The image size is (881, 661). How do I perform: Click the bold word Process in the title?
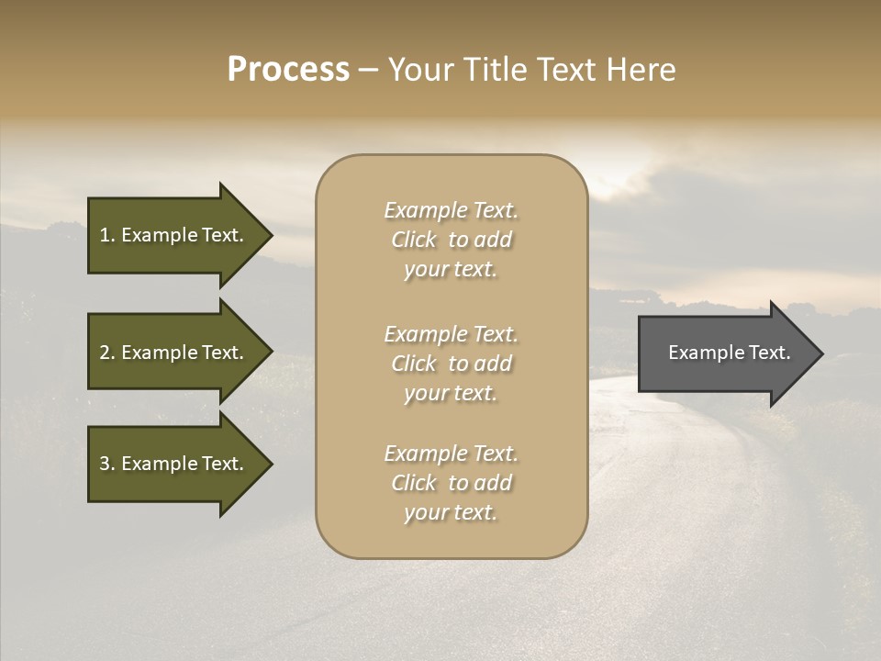coord(288,70)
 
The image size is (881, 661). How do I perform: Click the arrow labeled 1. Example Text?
coord(174,235)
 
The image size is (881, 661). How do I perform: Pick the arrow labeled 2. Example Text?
coord(174,353)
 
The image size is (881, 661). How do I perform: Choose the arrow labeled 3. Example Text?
coord(174,464)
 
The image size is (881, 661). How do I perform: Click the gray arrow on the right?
coord(725,353)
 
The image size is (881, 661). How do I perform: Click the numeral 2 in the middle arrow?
coord(104,353)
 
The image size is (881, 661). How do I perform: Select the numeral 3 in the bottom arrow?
coord(104,464)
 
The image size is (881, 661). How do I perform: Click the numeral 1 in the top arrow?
coord(104,235)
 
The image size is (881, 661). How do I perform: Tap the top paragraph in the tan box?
coord(451,240)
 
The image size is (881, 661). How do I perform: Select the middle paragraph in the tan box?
coord(451,364)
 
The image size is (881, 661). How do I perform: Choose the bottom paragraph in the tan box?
coord(451,483)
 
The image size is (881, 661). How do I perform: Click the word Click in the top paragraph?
coord(413,240)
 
